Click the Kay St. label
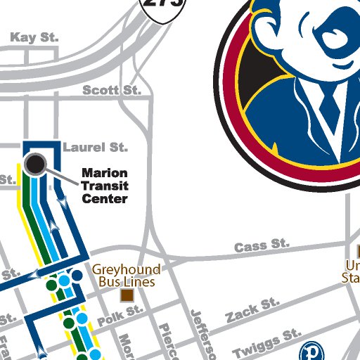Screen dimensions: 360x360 pyautogui.click(x=34, y=37)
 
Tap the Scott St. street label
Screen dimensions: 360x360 pyautogui.click(x=112, y=90)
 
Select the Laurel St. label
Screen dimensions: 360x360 pyautogui.click(x=95, y=148)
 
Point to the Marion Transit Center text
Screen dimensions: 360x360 pyautogui.click(x=104, y=186)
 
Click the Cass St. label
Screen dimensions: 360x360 pyautogui.click(x=261, y=246)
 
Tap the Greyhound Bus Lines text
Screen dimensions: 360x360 pyautogui.click(x=127, y=275)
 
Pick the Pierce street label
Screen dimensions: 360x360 pyautogui.click(x=168, y=341)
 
